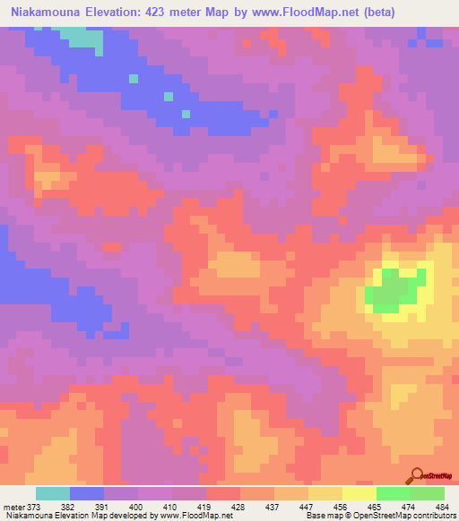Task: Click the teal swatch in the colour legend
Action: point(53,493)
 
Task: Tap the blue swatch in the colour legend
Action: point(87,493)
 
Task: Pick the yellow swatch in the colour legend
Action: point(359,493)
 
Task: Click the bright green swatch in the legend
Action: point(394,493)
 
